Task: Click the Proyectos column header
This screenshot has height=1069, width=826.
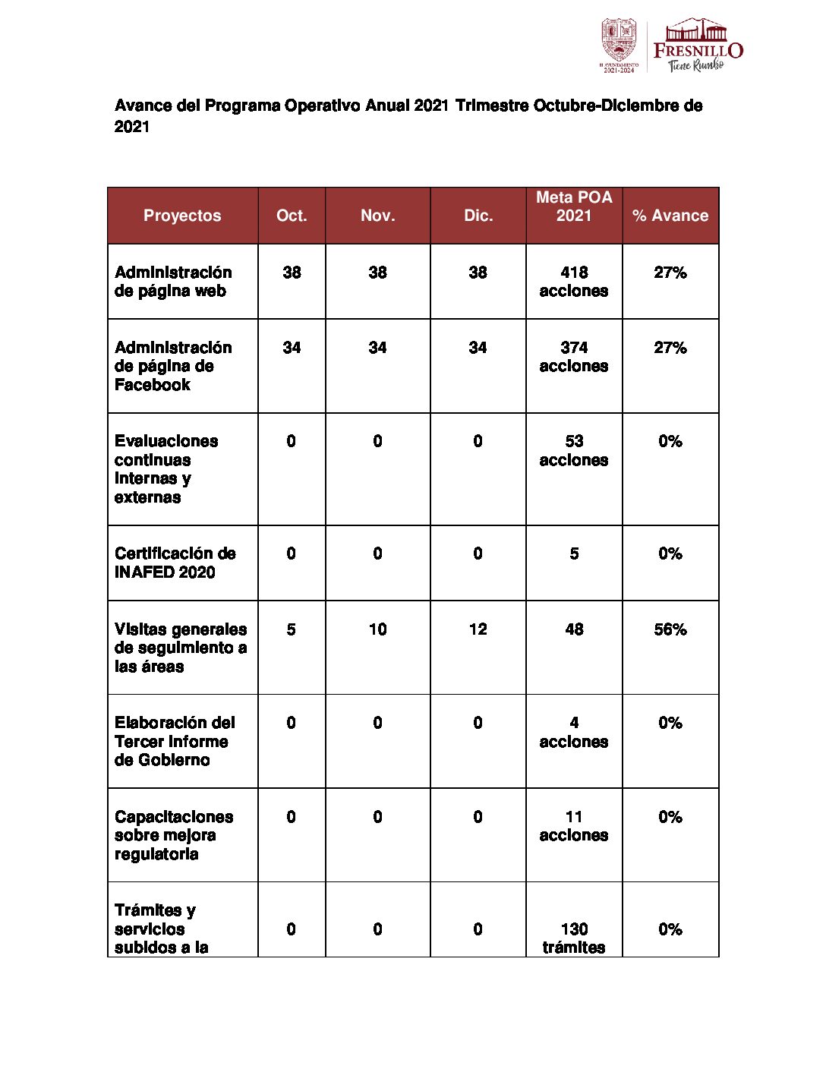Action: [x=182, y=216]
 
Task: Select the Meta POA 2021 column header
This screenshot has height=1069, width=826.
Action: [x=574, y=207]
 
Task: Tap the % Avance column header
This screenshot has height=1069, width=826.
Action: [x=670, y=216]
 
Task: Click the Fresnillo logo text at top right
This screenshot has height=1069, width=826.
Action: [x=698, y=50]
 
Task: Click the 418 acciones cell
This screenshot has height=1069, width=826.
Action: [x=574, y=282]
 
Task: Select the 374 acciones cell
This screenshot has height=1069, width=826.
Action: [x=574, y=357]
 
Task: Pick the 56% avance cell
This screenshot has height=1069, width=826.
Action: [x=670, y=629]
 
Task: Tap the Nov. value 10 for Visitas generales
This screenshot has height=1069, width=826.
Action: [x=377, y=629]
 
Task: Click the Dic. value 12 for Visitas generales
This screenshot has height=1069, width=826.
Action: [x=478, y=629]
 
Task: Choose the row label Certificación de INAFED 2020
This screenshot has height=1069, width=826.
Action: [x=175, y=563]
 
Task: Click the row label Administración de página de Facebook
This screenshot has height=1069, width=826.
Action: [x=173, y=366]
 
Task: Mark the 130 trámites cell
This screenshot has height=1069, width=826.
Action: [x=574, y=938]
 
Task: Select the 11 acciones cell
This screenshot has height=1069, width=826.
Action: [x=574, y=826]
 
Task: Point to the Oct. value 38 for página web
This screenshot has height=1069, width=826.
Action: [x=292, y=273]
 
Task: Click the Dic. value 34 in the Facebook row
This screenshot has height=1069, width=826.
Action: [x=478, y=348]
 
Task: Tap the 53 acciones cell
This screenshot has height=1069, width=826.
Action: [x=574, y=450]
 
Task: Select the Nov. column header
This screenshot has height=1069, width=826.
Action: [x=377, y=216]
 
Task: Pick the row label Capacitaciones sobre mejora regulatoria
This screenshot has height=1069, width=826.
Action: [x=174, y=835]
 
